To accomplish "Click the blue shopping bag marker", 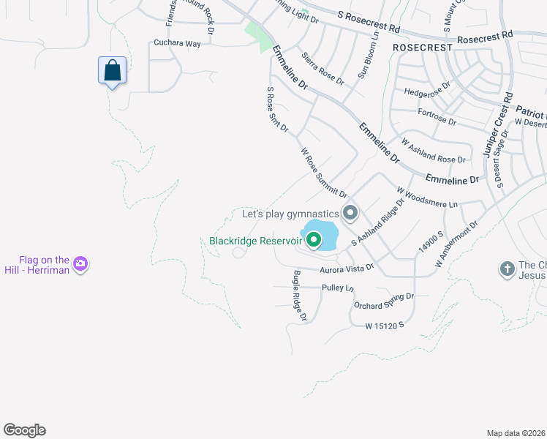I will pos(112,71).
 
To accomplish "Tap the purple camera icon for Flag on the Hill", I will pos(80,263).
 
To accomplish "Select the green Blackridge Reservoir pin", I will pos(314,239).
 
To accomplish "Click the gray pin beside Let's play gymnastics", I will pos(350,213).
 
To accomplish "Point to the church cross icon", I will pos(507,269).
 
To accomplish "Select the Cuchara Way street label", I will pos(176,44).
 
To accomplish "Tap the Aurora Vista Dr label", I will pos(347,269).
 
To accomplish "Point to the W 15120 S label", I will pos(385,324).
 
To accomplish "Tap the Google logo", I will pos(24,430).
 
